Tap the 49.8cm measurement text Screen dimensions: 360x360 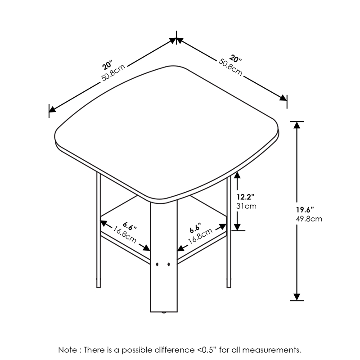[309, 219]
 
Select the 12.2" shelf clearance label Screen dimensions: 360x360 [246, 197]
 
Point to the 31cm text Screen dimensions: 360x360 [246, 206]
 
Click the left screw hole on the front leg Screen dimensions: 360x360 [157, 265]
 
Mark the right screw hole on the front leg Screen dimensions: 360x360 [168, 265]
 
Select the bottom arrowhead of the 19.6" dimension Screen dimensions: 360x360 [297, 297]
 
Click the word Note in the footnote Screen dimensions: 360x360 [67, 350]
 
